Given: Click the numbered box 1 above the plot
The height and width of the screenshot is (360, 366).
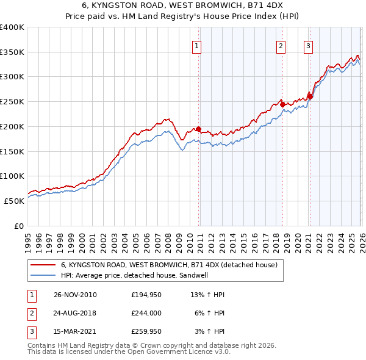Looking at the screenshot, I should click(x=198, y=45).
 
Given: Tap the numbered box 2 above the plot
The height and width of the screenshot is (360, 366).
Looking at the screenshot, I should click(x=281, y=45).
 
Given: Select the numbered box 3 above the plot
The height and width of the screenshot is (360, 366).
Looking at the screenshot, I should click(x=309, y=45).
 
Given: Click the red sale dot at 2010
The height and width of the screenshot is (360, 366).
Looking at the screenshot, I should click(x=198, y=129).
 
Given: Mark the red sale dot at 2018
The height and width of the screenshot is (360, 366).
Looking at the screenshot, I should click(x=282, y=104).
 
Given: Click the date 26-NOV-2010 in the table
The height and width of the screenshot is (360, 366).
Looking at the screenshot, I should click(x=75, y=295).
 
